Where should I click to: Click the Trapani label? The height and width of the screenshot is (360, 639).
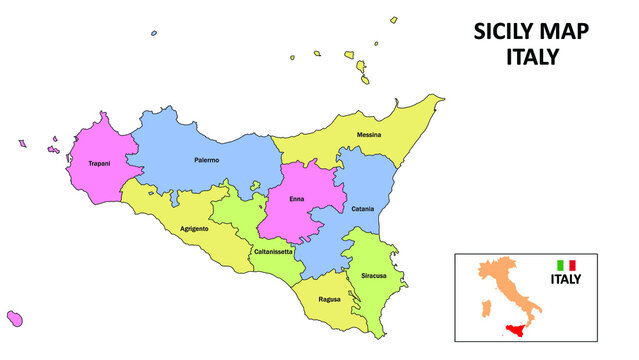click(x=99, y=163)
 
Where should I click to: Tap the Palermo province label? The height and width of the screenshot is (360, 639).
click(x=207, y=160)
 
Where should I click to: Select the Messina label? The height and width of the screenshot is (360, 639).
click(x=369, y=134)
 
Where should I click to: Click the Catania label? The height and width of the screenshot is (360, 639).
click(x=363, y=209)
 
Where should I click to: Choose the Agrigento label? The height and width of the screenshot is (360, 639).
click(x=194, y=229)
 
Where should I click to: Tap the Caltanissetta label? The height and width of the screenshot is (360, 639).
click(x=272, y=251)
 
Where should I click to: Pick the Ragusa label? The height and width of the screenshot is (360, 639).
click(x=329, y=299)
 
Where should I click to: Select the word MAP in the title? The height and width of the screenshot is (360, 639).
click(x=565, y=32)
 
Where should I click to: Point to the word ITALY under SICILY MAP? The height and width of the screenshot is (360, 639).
click(x=530, y=57)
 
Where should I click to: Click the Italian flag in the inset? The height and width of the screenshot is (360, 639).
click(x=566, y=265)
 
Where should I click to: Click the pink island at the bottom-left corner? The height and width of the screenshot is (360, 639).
click(x=15, y=318)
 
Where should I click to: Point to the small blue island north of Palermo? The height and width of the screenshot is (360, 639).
click(x=153, y=33)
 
